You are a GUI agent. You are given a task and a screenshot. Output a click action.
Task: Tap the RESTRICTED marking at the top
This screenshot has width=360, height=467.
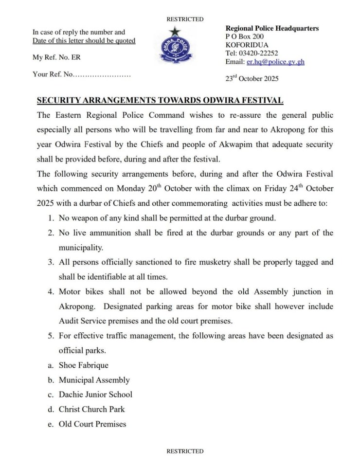(185, 19)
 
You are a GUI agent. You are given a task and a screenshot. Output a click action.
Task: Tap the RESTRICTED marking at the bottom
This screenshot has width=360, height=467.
(185, 451)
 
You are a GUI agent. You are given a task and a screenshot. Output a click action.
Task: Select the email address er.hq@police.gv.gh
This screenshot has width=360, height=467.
(275, 62)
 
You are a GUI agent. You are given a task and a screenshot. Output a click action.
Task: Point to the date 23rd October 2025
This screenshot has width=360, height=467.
(252, 78)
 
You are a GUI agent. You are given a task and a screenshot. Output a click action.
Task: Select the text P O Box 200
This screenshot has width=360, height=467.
(245, 36)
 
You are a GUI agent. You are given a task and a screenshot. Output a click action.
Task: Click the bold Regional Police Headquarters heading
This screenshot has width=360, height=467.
(272, 28)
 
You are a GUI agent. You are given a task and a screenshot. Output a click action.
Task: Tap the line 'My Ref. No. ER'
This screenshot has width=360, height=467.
(56, 57)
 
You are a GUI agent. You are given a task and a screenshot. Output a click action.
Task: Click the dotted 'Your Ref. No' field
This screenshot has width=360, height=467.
(82, 74)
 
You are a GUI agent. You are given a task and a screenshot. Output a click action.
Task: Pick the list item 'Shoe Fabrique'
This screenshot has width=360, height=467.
(83, 365)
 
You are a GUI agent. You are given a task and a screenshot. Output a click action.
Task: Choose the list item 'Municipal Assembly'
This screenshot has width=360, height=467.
(94, 380)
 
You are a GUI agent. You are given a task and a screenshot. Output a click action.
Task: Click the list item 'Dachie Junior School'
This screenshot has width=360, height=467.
(95, 395)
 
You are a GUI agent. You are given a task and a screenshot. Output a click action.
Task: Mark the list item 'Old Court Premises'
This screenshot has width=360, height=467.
(92, 424)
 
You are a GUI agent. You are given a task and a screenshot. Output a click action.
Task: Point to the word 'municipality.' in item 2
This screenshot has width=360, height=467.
(81, 248)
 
